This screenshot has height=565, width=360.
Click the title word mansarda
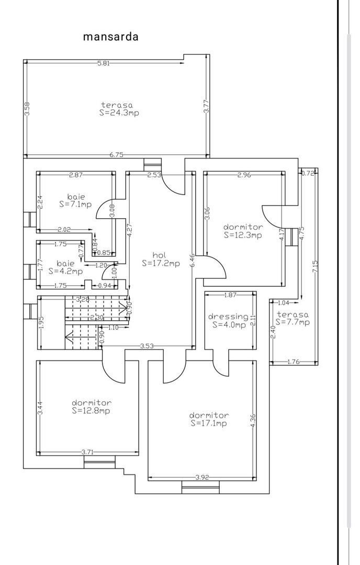pyautogui.click(x=110, y=37)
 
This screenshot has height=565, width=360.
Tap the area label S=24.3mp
pyautogui.click(x=119, y=113)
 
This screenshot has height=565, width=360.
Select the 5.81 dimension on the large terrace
pyautogui.click(x=104, y=63)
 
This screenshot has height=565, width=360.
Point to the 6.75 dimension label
pyautogui.click(x=117, y=155)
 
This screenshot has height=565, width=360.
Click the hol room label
pyautogui.click(x=159, y=255)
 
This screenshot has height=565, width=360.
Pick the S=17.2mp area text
pyautogui.click(x=161, y=263)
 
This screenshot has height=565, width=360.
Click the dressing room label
pyautogui.click(x=229, y=317)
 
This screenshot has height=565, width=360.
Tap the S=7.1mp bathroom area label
pyautogui.click(x=75, y=205)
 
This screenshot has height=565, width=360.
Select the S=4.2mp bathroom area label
pyautogui.click(x=65, y=271)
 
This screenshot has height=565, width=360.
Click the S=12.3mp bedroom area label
pyautogui.click(x=242, y=235)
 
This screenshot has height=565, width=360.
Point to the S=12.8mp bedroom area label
pyautogui.click(x=91, y=411)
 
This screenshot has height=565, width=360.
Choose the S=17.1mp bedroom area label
pyautogui.click(x=208, y=423)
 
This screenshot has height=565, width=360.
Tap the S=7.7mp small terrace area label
pyautogui.click(x=292, y=322)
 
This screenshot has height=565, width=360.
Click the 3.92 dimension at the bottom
pyautogui.click(x=202, y=478)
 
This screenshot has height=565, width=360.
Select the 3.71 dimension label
pyautogui.click(x=87, y=452)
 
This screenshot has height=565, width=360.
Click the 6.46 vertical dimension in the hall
pyautogui.click(x=192, y=260)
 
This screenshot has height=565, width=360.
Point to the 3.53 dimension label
pyautogui.click(x=147, y=346)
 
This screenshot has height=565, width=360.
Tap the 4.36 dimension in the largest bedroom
pyautogui.click(x=253, y=421)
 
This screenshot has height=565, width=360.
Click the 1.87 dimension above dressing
pyautogui.click(x=230, y=295)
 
